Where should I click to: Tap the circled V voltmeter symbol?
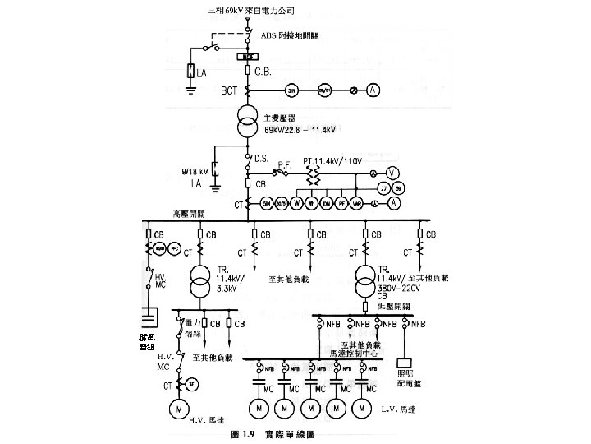click(392, 173)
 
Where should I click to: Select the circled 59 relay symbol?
click(398, 188)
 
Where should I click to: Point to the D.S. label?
click(263, 158)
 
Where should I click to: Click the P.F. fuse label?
click(285, 164)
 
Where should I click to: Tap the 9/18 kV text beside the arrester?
click(194, 172)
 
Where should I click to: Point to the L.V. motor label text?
click(400, 408)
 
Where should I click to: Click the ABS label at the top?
click(270, 36)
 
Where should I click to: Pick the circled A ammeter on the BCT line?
click(372, 90)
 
